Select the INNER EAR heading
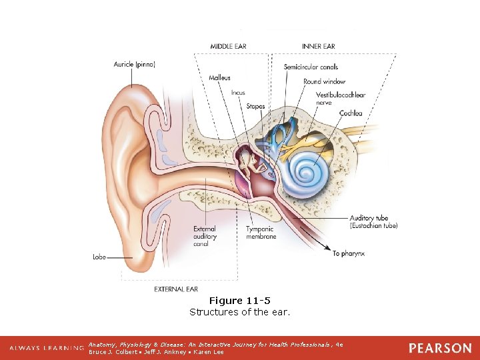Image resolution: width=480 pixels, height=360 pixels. tap(319, 46)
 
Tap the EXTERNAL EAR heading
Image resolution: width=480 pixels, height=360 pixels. tap(176, 289)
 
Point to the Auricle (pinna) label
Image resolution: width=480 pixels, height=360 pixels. tap(134, 65)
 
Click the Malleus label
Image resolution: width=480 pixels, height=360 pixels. tap(219, 78)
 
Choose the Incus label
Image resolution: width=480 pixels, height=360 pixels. tap(238, 93)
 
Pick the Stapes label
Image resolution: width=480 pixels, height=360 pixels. tap(255, 106)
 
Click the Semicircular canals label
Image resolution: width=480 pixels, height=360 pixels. tap(311, 67)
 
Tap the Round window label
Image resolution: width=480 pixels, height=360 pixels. tap(325, 81)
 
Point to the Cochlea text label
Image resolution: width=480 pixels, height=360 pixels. tap(351, 113)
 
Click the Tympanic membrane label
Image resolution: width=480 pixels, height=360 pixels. tap(261, 233)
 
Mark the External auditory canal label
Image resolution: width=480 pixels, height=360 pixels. tap(205, 236)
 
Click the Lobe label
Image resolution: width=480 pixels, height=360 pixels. tap(99, 257)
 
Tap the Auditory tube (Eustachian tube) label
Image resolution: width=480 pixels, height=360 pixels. tap(373, 222)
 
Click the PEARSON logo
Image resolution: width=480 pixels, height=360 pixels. tap(440, 348)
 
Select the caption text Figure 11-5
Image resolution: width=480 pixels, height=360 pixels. tap(240, 301)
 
